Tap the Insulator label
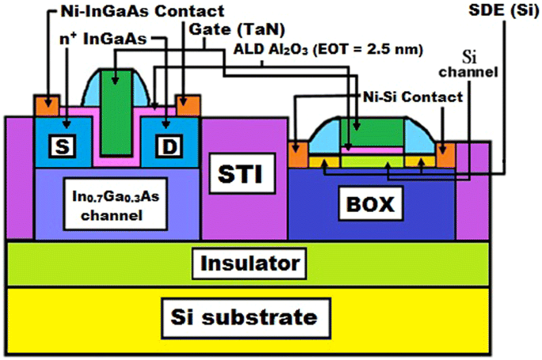[x=249, y=262]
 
